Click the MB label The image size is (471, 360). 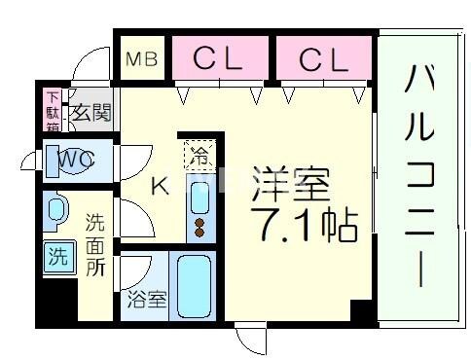tap(143, 61)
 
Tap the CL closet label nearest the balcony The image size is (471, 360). tap(323, 59)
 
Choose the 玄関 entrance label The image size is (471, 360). tap(89, 111)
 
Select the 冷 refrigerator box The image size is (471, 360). tap(198, 154)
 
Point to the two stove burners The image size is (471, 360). tap(199, 227)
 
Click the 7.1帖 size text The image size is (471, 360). tap(302, 226)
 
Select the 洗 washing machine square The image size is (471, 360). tap(59, 258)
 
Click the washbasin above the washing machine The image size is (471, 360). tap(56, 210)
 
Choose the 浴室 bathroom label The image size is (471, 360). tap(145, 299)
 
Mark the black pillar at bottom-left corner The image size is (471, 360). tap(55, 305)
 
